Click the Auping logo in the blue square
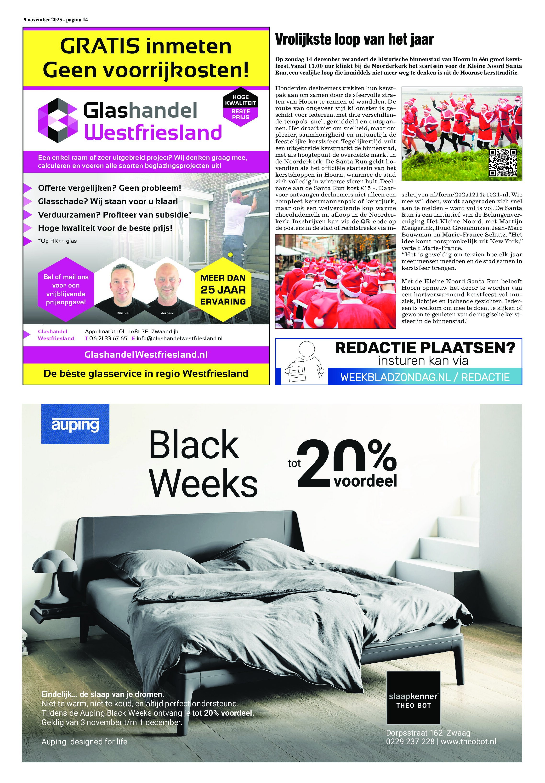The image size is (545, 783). point(75,424)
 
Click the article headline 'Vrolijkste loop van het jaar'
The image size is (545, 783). point(354,40)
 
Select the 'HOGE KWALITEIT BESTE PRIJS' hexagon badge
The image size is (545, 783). point(240,107)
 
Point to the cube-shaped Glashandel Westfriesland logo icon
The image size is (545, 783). point(58,120)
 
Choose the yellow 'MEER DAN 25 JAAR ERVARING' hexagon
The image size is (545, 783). point(223,289)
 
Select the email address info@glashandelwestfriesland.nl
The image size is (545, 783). point(179,338)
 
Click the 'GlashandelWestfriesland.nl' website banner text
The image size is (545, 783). point(146,355)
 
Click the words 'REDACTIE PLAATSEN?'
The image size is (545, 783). point(425,348)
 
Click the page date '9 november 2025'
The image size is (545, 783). point(43,20)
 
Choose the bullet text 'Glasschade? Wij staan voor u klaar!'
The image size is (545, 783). point(108,201)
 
